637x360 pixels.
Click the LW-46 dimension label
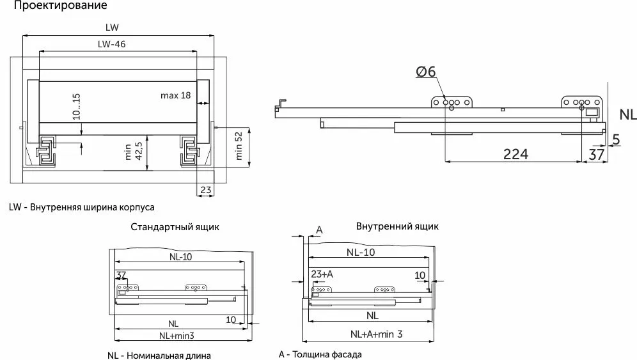[111, 44]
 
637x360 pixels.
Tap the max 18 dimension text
[175, 95]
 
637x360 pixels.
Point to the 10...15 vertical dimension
[76, 107]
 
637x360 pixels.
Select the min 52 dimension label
[239, 147]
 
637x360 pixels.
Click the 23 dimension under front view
[205, 189]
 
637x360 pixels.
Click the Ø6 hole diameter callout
[425, 72]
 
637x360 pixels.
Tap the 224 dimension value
[515, 154]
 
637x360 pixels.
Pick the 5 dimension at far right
[616, 138]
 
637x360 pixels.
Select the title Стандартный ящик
[175, 227]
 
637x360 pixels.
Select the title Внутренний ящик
[397, 226]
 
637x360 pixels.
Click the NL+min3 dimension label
[177, 335]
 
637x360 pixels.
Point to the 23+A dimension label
[322, 274]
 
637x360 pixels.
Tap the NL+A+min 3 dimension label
[376, 334]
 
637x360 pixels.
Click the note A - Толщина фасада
[320, 354]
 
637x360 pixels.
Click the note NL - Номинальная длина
[159, 355]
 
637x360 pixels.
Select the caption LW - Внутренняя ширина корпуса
[82, 207]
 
